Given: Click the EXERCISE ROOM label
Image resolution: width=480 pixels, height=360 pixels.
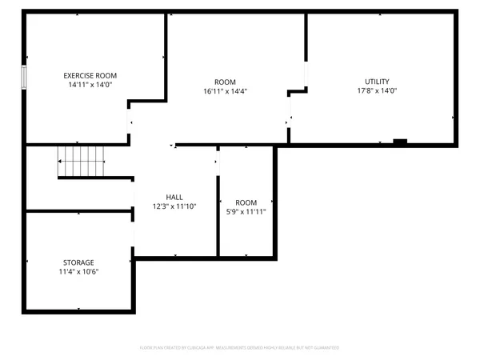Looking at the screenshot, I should pos(90,75).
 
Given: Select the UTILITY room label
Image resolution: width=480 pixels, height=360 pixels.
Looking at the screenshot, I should pos(377,82).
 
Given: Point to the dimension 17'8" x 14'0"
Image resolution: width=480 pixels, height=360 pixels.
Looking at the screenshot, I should pos(377,91).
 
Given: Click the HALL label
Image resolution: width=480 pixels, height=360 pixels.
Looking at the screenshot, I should pos(174,197).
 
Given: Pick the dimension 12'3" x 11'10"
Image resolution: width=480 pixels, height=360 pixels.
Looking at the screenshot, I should pos(174,206).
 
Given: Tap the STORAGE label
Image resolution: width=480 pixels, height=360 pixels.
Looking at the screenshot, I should pos(78,262).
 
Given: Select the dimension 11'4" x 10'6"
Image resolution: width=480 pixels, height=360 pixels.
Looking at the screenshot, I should pos(78,272).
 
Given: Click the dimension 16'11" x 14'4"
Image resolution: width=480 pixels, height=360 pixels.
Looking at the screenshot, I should pos(225,91).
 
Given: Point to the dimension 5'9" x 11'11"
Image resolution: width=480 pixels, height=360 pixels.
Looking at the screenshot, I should pos(246,212).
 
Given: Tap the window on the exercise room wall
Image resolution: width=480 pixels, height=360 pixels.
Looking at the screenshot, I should pos(25,78).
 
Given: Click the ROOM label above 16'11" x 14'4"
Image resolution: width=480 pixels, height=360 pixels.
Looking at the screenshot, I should pos(225,82).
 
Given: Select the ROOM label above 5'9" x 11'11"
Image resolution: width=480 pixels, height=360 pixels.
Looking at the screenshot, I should pos(246,202).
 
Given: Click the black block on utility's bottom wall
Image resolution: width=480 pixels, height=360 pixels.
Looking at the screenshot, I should pos(400,142).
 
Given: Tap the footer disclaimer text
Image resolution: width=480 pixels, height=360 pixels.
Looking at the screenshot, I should pos(240,348).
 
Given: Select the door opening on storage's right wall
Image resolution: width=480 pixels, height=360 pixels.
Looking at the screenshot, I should pos(133,235).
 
